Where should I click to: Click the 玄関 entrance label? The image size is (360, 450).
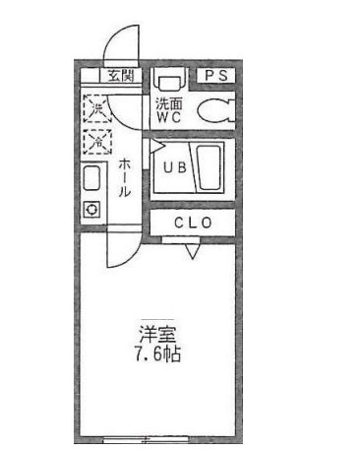(x=121, y=76)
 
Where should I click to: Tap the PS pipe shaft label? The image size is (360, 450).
(x=216, y=75)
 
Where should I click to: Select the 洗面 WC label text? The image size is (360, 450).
(x=169, y=110)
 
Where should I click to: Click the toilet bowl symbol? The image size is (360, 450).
(x=215, y=111)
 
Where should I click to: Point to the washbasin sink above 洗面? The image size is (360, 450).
(x=169, y=82)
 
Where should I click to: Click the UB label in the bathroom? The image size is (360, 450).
(x=175, y=167)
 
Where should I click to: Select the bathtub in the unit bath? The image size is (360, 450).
(x=210, y=167)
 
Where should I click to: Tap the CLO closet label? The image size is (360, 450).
(x=193, y=223)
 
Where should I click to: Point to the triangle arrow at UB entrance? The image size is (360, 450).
(x=157, y=147)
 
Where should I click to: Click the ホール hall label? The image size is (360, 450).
(x=124, y=177)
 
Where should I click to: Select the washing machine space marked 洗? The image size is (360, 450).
(x=97, y=108)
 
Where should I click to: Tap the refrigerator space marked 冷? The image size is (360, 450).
(x=97, y=142)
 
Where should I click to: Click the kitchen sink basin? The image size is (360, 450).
(x=91, y=178)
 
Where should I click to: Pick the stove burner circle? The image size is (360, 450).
(x=91, y=209)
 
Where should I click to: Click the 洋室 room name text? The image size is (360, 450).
(x=157, y=334)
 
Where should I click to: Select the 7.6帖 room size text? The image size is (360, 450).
(x=158, y=354)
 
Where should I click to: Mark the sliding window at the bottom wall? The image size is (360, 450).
(x=146, y=439)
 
